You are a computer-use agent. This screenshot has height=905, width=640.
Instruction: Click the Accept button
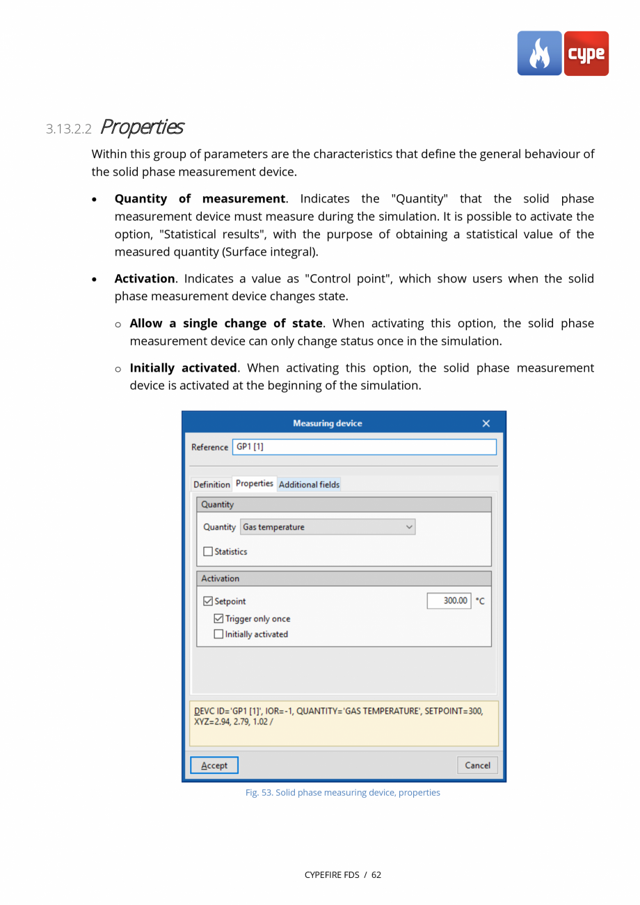pyautogui.click(x=214, y=765)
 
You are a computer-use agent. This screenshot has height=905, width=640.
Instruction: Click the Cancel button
pyautogui.click(x=477, y=765)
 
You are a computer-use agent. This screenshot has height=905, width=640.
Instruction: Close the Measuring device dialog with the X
pyautogui.click(x=486, y=424)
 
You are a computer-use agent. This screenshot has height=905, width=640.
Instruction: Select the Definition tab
pyautogui.click(x=211, y=485)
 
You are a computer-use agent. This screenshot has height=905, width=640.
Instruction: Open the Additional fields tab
pyautogui.click(x=309, y=485)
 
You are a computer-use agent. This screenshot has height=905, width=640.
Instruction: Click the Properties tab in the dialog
pyautogui.click(x=254, y=484)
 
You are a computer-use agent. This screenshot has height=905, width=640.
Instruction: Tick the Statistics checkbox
pyautogui.click(x=209, y=552)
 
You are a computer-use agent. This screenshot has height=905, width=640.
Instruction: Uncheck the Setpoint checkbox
pyautogui.click(x=209, y=601)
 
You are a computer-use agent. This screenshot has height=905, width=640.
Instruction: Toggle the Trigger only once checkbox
pyautogui.click(x=219, y=619)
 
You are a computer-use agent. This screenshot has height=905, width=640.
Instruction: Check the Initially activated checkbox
pyautogui.click(x=219, y=634)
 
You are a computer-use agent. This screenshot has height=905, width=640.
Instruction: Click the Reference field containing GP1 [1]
pyautogui.click(x=364, y=447)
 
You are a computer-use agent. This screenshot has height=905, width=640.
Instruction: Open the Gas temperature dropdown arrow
pyautogui.click(x=409, y=528)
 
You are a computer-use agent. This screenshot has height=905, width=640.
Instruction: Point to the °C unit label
pyautogui.click(x=480, y=601)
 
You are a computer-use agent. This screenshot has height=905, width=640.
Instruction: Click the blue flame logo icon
pyautogui.click(x=539, y=54)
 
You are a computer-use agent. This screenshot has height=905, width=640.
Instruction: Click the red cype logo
pyautogui.click(x=586, y=54)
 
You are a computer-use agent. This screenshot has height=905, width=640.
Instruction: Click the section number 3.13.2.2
pyautogui.click(x=69, y=129)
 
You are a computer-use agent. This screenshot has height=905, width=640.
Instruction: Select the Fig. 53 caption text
pyautogui.click(x=343, y=792)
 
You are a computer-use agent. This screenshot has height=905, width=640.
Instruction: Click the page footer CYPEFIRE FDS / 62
pyautogui.click(x=343, y=874)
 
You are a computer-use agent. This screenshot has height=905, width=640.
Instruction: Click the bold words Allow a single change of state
pyautogui.click(x=226, y=324)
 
